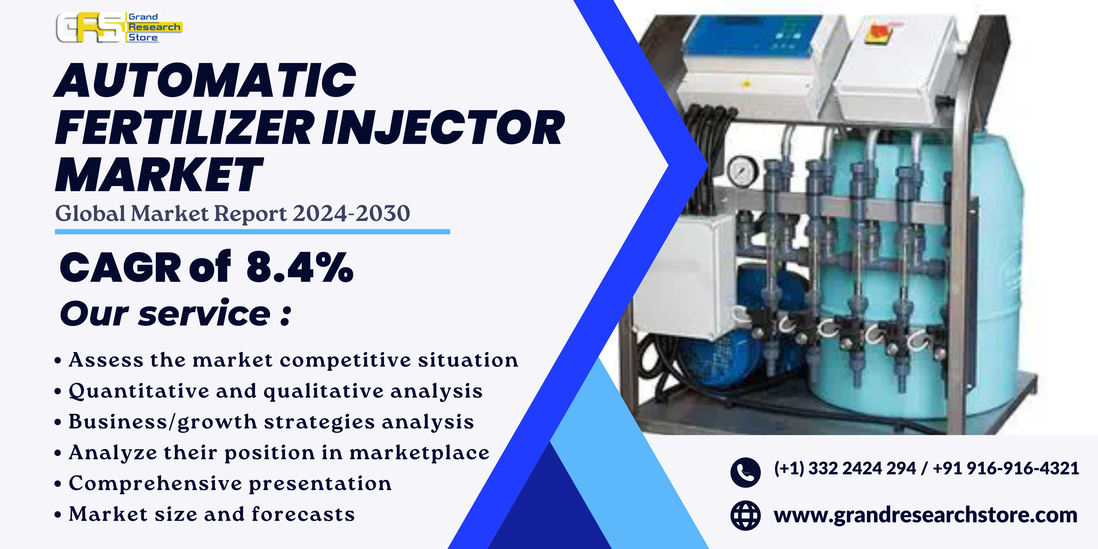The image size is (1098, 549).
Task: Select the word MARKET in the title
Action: click(x=159, y=175)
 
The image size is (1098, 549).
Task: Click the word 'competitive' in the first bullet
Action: click(x=345, y=360)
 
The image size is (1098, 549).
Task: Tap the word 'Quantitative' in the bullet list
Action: click(x=139, y=391)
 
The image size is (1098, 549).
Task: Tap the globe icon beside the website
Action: click(x=745, y=515)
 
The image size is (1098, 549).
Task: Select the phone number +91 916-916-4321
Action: click(x=1006, y=468)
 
